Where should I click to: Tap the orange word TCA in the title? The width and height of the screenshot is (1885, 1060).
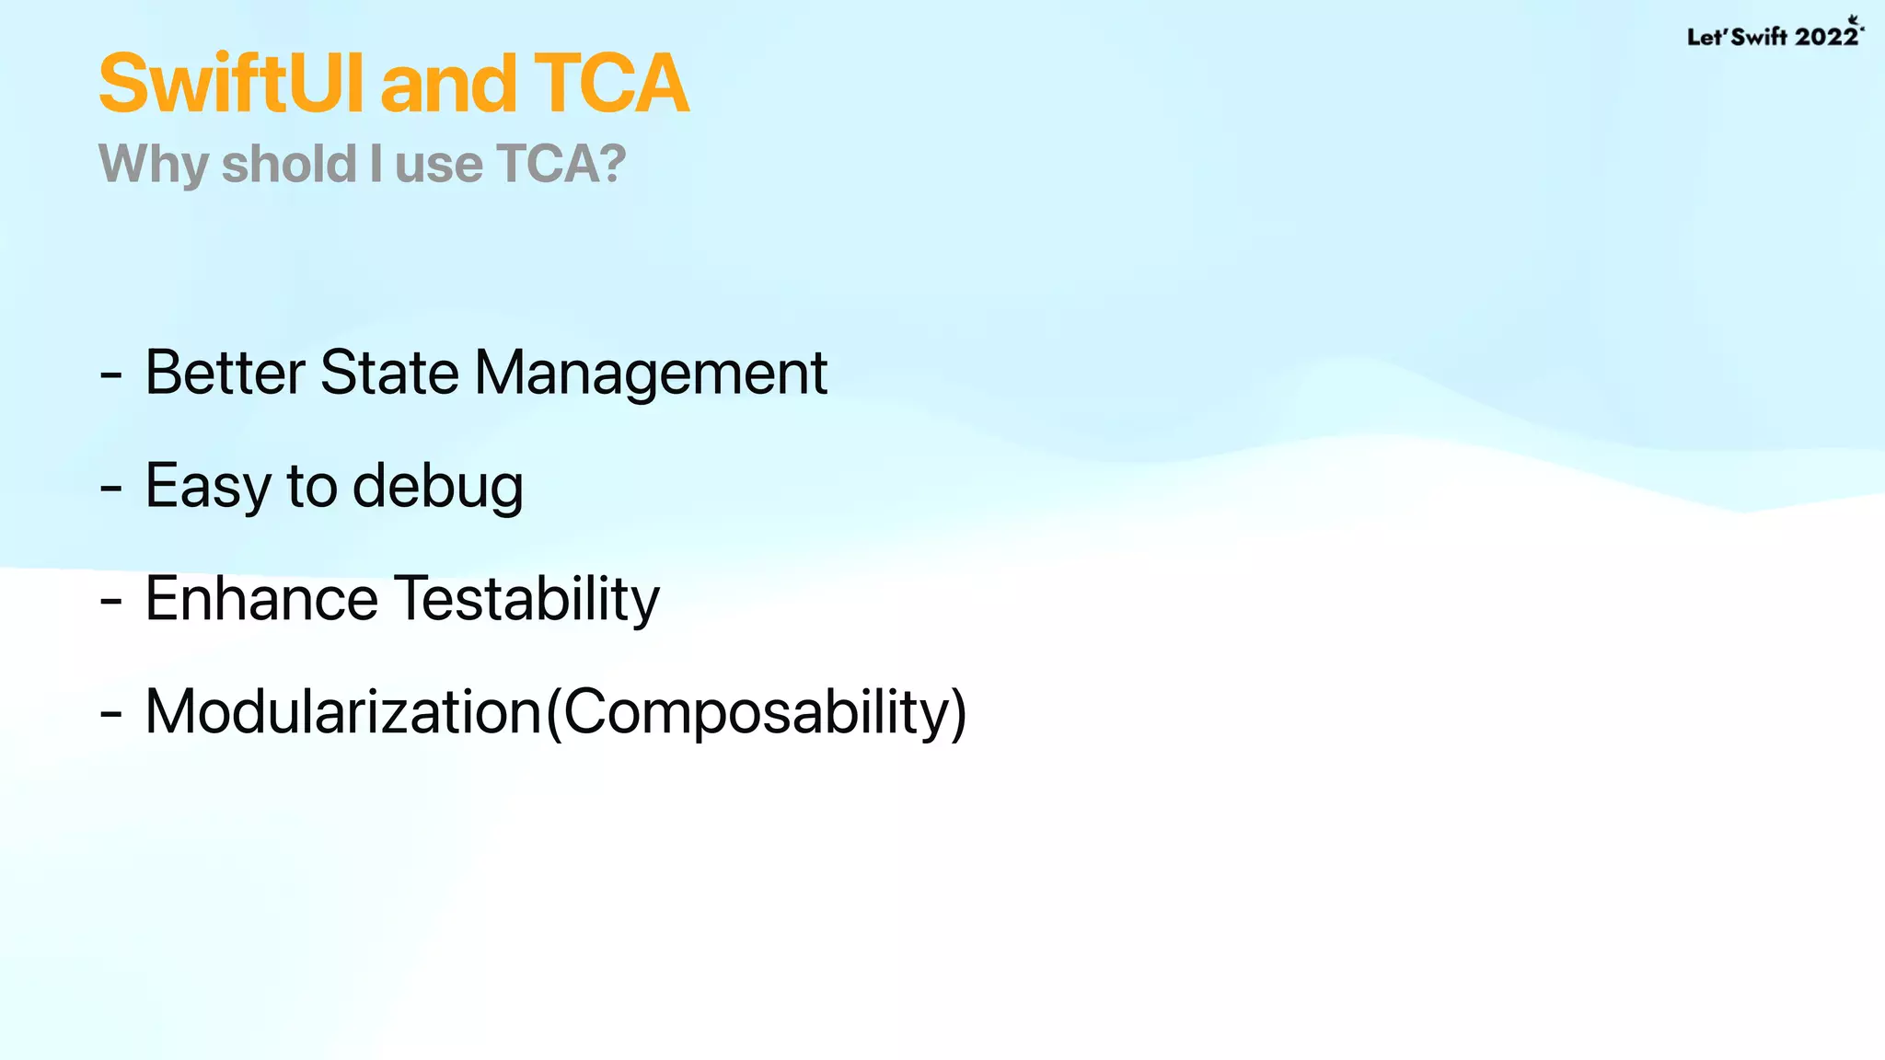pyautogui.click(x=610, y=84)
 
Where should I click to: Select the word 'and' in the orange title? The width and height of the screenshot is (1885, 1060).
pyautogui.click(x=448, y=84)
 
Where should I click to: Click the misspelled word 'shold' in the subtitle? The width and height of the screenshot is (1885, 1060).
pyautogui.click(x=289, y=164)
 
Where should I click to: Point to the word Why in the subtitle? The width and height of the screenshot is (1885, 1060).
pyautogui.click(x=154, y=166)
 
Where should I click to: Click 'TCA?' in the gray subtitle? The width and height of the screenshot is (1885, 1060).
pyautogui.click(x=561, y=164)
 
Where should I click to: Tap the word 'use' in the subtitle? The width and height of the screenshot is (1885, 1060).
pyautogui.click(x=438, y=166)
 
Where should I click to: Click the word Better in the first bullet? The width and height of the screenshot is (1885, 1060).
pyautogui.click(x=225, y=373)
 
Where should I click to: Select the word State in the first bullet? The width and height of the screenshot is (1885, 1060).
pyautogui.click(x=389, y=373)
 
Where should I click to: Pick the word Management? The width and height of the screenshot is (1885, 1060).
pyautogui.click(x=651, y=374)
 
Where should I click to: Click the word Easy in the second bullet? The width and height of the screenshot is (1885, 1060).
pyautogui.click(x=207, y=487)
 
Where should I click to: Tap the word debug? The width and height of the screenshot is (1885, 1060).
pyautogui.click(x=437, y=487)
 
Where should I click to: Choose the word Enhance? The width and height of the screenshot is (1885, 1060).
pyautogui.click(x=261, y=599)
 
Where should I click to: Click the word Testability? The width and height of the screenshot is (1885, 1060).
pyautogui.click(x=527, y=600)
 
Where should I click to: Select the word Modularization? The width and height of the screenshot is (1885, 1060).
pyautogui.click(x=343, y=712)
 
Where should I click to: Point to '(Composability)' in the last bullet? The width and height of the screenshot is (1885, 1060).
pyautogui.click(x=756, y=713)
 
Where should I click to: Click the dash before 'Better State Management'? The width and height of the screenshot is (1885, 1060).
pyautogui.click(x=110, y=375)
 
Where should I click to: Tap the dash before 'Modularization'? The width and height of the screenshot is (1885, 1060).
pyautogui.click(x=110, y=714)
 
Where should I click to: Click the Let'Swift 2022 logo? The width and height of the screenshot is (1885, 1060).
pyautogui.click(x=1774, y=35)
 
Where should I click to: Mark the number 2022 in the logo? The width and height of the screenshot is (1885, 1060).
pyautogui.click(x=1826, y=37)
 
